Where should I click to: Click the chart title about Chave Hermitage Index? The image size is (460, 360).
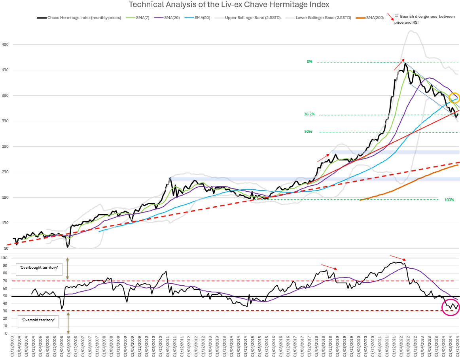pos(229,5)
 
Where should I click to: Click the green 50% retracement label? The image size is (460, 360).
pos(308,131)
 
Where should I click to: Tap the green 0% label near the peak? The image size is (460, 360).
pos(309,62)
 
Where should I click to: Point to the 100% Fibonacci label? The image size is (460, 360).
pos(449,200)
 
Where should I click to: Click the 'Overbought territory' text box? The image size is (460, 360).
pos(39,268)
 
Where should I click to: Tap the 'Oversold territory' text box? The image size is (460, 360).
pos(38,320)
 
